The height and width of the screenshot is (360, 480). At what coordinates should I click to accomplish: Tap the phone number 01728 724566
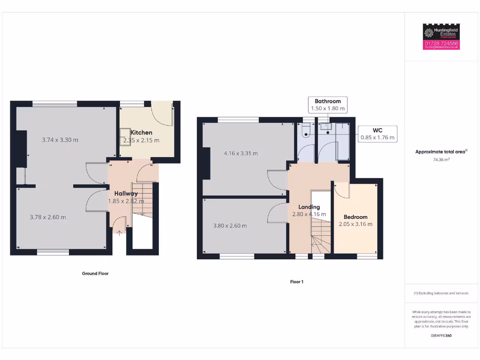pyautogui.click(x=441, y=43)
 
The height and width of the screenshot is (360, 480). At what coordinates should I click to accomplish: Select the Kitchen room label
pyautogui.click(x=141, y=133)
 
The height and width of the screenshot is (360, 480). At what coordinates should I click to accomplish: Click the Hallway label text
pyautogui.click(x=126, y=193)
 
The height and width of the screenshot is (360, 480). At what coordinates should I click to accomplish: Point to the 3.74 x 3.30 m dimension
pyautogui.click(x=60, y=140)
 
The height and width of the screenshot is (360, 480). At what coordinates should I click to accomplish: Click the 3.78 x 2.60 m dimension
pyautogui.click(x=48, y=217)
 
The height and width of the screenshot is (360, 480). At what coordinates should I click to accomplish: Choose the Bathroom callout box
pyautogui.click(x=328, y=105)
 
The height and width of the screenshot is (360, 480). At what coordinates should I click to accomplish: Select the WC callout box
pyautogui.click(x=377, y=134)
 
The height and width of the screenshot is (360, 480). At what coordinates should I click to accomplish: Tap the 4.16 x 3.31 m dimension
pyautogui.click(x=240, y=153)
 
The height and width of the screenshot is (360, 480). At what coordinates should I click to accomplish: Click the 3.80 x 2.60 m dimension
pyautogui.click(x=230, y=225)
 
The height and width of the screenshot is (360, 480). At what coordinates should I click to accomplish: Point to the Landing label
pyautogui.click(x=309, y=207)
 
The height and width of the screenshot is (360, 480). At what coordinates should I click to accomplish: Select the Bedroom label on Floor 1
pyautogui.click(x=355, y=217)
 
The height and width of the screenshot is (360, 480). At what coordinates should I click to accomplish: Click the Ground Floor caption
pyautogui.click(x=95, y=273)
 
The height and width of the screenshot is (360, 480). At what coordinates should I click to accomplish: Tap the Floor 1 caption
pyautogui.click(x=297, y=282)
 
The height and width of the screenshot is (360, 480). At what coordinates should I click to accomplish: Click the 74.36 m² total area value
pyautogui.click(x=441, y=159)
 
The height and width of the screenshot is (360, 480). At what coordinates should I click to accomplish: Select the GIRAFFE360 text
pyautogui.click(x=441, y=336)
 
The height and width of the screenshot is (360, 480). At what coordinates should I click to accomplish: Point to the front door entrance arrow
pyautogui.click(x=119, y=231)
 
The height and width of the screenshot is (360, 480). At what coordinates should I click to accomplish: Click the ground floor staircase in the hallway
pyautogui.click(x=140, y=199)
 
